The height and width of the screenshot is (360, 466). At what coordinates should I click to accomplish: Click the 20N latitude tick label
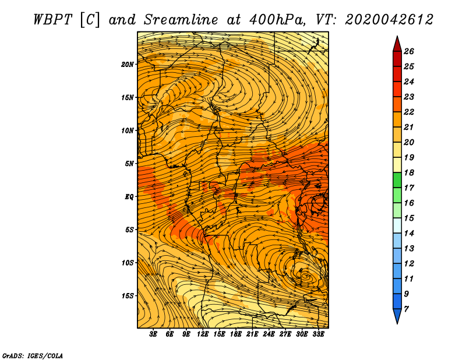pos(128,64)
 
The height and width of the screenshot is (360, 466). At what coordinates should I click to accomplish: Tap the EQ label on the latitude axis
pos(129,196)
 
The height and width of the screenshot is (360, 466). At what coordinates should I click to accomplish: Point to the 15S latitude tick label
pos(128,296)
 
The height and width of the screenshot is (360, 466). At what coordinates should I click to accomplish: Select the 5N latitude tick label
pos(129,164)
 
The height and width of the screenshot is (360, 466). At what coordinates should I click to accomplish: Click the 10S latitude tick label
pos(128,263)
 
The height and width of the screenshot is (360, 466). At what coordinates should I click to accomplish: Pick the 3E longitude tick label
pos(153,334)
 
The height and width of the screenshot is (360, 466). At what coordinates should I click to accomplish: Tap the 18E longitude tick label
pos(235,334)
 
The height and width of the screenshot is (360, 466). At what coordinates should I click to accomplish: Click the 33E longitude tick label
pos(318,334)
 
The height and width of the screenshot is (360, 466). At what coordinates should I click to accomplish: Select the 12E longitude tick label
pos(202,334)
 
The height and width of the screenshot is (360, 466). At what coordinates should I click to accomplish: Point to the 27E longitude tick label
pos(285,334)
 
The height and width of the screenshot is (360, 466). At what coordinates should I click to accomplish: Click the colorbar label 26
pos(409,51)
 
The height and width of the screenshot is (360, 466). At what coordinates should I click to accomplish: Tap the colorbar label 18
pos(409,172)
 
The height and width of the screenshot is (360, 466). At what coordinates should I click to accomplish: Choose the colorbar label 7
pos(406,309)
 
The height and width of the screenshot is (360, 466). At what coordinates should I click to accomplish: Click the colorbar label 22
pos(409,112)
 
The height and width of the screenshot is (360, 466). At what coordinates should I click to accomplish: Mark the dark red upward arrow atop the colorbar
pos(397,44)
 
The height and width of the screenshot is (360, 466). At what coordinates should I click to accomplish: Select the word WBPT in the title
pos(53,20)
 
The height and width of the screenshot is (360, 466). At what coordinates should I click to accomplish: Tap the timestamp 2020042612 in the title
pos(389,20)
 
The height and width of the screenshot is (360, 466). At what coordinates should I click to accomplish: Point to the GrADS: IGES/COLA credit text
pos(33,355)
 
